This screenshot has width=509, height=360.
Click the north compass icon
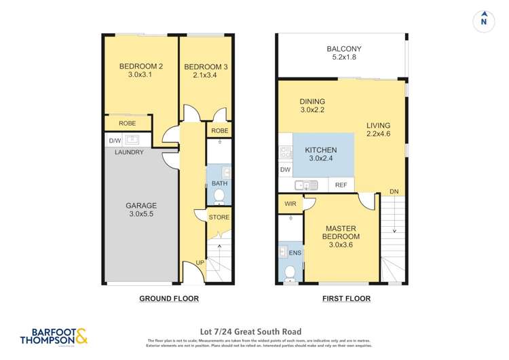483,19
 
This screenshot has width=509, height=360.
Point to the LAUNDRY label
129,152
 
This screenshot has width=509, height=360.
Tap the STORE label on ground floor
219,217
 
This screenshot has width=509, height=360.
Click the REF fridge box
341,185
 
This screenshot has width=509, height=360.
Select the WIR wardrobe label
289,203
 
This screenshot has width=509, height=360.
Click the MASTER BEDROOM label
341,232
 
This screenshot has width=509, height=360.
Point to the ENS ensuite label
295,252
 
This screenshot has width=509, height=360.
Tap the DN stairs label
394,191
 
